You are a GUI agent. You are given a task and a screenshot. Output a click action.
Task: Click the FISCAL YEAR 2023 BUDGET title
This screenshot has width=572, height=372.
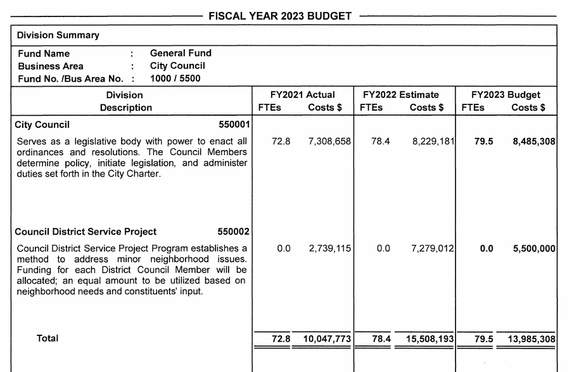click(280, 16)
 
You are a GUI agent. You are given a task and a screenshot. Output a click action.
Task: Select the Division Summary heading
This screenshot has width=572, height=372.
click(58, 35)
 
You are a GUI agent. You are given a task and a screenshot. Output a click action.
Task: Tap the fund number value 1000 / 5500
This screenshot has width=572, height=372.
click(175, 78)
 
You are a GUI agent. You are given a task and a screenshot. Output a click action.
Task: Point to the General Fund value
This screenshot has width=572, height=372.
click(181, 54)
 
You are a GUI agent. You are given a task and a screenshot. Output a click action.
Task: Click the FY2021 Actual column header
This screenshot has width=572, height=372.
click(303, 95)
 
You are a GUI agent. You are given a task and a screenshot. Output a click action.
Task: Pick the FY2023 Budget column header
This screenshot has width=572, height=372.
click(506, 95)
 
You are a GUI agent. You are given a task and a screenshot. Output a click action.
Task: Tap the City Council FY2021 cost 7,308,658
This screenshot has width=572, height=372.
click(329, 142)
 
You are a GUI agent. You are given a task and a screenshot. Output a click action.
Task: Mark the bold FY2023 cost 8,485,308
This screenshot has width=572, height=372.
click(534, 142)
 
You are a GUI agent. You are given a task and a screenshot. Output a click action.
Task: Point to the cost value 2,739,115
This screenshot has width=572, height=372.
click(329, 249)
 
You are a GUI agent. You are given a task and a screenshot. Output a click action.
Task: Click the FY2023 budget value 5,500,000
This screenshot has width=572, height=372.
click(534, 249)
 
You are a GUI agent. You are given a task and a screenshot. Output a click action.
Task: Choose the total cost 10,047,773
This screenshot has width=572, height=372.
click(327, 340)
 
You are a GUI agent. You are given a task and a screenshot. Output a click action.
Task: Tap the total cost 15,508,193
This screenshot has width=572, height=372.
click(430, 340)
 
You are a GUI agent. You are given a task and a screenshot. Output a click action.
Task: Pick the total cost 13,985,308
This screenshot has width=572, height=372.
click(532, 340)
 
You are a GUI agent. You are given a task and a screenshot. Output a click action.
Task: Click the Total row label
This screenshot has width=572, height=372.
click(48, 338)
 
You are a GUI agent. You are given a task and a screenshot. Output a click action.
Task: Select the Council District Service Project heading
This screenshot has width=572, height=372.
click(86, 232)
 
